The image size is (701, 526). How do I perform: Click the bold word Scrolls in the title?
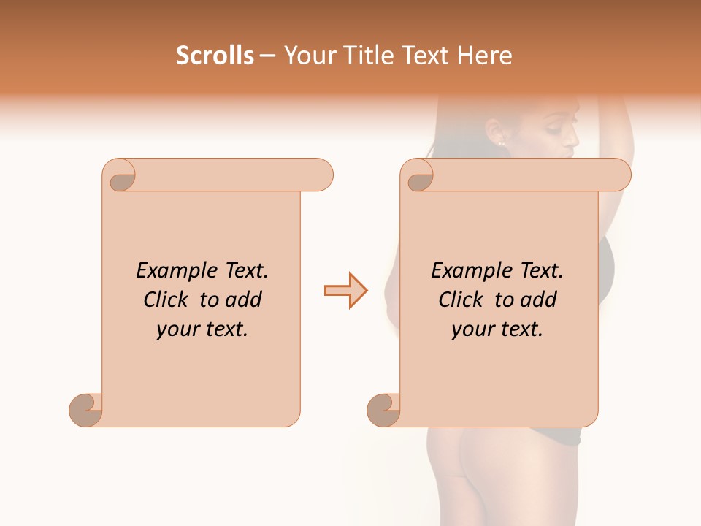pos(215,56)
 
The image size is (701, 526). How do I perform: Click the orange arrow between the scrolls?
pos(345,291)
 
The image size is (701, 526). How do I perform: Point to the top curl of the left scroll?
pos(120,175)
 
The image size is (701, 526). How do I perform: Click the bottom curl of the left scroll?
pos(86,409)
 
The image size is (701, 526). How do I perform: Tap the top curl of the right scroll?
pos(419,176)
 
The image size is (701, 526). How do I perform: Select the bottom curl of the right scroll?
pos(384,409)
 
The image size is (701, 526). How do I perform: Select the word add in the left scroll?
pos(244,300)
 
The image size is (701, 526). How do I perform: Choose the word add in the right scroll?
pos(539,300)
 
